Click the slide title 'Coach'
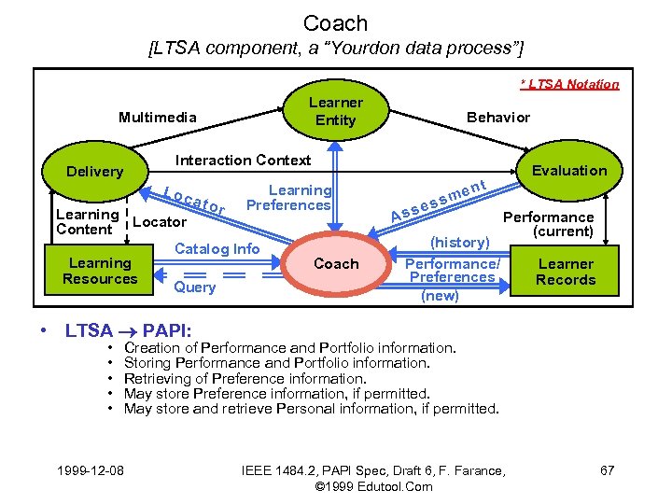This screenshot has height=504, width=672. click(336, 23)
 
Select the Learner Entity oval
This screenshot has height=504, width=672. click(336, 111)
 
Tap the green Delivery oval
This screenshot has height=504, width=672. click(94, 171)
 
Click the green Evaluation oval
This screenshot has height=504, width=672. click(568, 170)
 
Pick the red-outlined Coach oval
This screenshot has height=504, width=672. click(336, 264)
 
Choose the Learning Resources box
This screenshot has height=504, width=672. click(100, 271)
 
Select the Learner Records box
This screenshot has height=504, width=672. click(566, 272)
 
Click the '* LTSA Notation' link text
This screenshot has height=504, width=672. click(569, 84)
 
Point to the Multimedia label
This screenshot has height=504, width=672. click(158, 117)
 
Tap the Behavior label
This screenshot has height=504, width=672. click(497, 117)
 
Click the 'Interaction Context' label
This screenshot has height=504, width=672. click(244, 160)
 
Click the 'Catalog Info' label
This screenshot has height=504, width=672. click(217, 248)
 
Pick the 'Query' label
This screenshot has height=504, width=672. click(195, 287)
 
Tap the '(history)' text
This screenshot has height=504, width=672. click(460, 243)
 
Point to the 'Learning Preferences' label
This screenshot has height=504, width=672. click(300, 197)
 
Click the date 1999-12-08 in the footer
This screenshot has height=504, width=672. click(91, 469)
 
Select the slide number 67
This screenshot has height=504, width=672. click(607, 469)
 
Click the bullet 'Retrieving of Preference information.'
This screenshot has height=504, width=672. click(245, 378)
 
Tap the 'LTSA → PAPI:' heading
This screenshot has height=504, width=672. click(128, 330)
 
